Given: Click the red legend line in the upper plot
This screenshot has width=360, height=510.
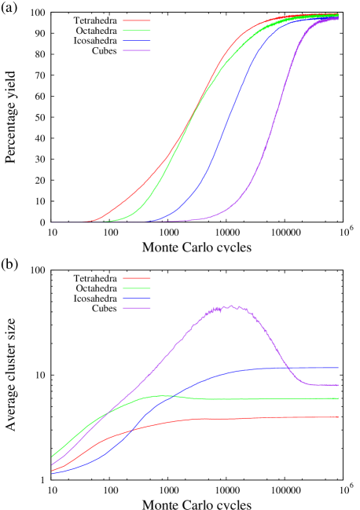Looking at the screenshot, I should [x=136, y=20].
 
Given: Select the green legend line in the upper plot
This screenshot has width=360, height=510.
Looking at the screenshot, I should [x=136, y=31].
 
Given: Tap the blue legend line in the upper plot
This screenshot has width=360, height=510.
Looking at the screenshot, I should [x=136, y=41].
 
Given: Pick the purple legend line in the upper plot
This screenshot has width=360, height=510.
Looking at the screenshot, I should [x=136, y=50].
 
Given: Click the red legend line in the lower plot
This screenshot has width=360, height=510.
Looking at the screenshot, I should [x=136, y=278].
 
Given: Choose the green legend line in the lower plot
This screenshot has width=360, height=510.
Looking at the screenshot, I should [x=136, y=288].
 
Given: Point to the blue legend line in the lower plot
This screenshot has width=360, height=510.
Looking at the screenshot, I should [x=136, y=299].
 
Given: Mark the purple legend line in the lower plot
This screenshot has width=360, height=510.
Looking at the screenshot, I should [x=136, y=308].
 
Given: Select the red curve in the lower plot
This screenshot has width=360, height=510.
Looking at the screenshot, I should [x=236, y=418].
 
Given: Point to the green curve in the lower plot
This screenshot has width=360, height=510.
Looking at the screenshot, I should [x=236, y=399].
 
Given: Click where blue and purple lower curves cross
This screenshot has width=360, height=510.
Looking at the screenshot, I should [x=286, y=368].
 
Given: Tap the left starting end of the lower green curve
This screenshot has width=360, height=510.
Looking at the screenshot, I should [x=52, y=456].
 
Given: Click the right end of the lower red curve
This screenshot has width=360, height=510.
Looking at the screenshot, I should [x=338, y=416].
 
